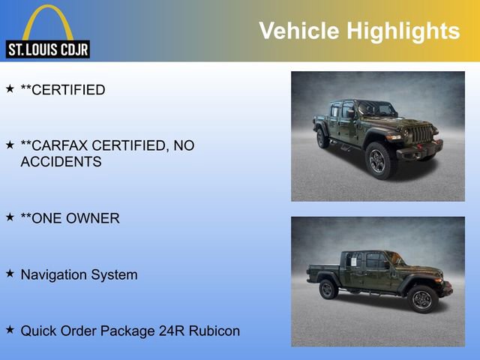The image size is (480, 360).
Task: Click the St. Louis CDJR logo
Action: coord(48,33)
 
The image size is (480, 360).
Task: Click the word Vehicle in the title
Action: coord(298,31)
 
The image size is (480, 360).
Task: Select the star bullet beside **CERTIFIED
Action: coord(10,89)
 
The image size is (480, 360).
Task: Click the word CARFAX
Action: coord(63,145)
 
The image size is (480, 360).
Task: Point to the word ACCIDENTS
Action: coord(61,161)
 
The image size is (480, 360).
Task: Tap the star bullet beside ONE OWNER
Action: coord(10,217)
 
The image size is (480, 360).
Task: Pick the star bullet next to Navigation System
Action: coord(10,274)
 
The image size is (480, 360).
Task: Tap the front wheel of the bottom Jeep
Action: coord(422,298)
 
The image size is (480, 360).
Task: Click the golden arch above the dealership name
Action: coord(48,19)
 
